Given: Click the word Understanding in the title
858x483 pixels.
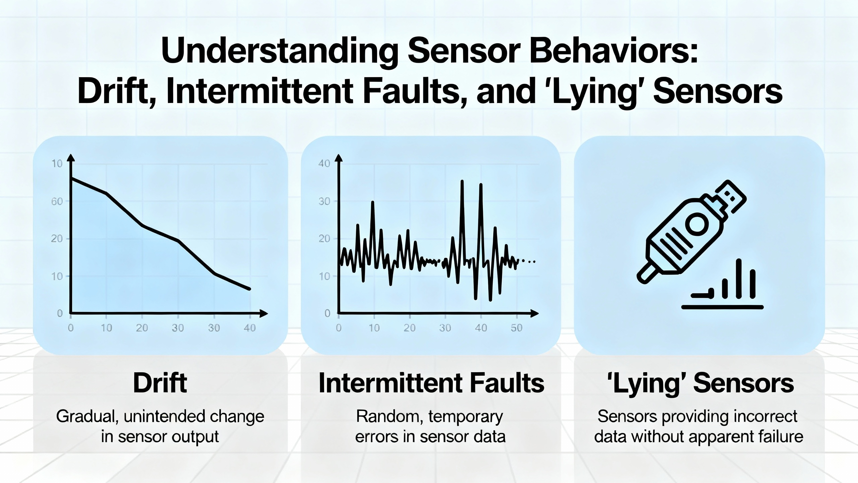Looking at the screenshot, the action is pyautogui.click(x=280, y=51).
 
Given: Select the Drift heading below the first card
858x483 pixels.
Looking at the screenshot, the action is pyautogui.click(x=160, y=383).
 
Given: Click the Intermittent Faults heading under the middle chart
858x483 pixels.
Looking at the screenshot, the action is pyautogui.click(x=431, y=383).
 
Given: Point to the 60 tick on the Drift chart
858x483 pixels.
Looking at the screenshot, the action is pyautogui.click(x=57, y=201).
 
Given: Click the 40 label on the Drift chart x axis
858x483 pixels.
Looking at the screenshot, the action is pyautogui.click(x=250, y=328).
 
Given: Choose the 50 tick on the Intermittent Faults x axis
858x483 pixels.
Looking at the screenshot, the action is pyautogui.click(x=516, y=328).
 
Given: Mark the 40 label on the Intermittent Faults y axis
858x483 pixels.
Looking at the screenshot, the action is pyautogui.click(x=324, y=163).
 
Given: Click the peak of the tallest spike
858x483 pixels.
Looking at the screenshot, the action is pyautogui.click(x=462, y=181).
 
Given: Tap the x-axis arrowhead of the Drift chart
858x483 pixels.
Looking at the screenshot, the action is pyautogui.click(x=264, y=313).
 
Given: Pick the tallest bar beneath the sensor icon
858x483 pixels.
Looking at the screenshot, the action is pyautogui.click(x=739, y=278).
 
